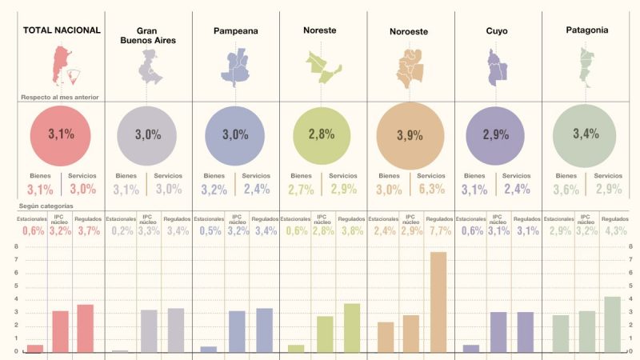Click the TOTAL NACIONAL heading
tap(62, 30)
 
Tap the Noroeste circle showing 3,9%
tap(409, 134)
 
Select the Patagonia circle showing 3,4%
tap(585, 134)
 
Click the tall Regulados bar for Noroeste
tap(438, 302)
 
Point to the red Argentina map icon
tap(62, 66)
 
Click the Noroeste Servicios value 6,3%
tap(430, 189)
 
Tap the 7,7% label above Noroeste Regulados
tap(439, 231)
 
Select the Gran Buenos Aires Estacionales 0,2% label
tap(122, 231)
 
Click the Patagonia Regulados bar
tap(612, 324)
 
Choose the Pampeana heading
tap(235, 31)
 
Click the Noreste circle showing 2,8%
tap(321, 134)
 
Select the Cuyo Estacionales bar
tap(471, 348)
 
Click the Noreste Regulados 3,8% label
tap(350, 231)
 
